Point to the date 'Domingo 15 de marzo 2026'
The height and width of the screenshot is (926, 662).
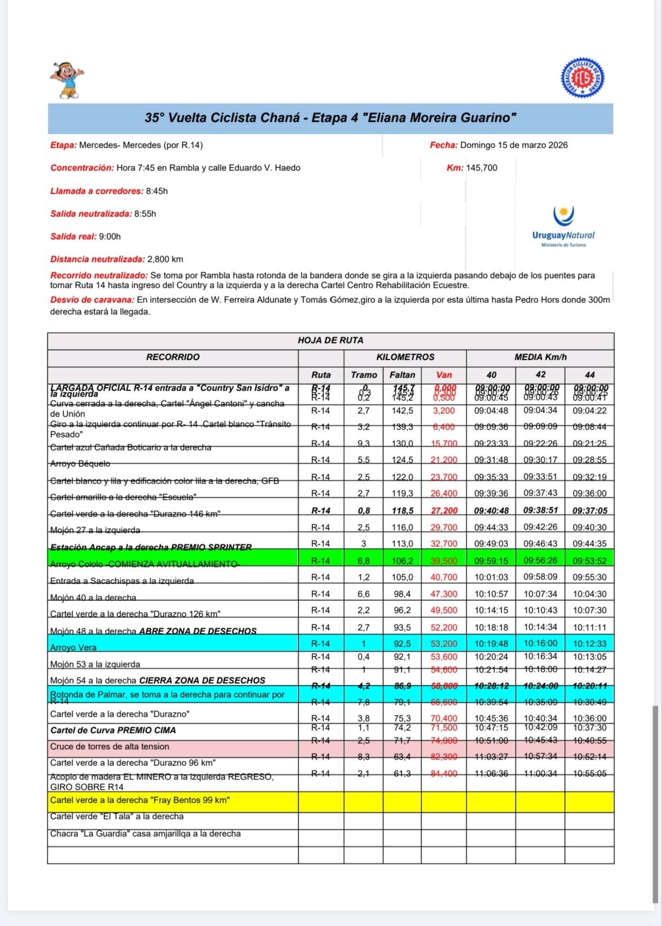(513, 145)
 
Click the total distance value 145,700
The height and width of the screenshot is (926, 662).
(481, 168)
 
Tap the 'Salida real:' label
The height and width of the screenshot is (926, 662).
(73, 236)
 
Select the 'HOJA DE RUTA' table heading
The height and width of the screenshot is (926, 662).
(330, 340)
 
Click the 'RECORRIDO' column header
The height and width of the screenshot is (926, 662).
(173, 357)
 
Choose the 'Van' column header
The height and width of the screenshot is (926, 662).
(443, 375)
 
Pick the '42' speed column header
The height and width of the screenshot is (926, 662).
(540, 374)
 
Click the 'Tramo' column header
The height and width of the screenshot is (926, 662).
(363, 375)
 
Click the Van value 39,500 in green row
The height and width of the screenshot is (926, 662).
(443, 561)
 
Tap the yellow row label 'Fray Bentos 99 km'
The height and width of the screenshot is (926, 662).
(140, 800)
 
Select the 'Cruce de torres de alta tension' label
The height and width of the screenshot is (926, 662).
(109, 746)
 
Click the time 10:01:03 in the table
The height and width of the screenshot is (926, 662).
(491, 577)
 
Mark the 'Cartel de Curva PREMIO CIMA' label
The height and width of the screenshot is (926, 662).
(113, 730)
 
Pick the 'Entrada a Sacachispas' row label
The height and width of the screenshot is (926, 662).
(122, 581)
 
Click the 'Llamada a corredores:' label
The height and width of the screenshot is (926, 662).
(97, 191)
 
